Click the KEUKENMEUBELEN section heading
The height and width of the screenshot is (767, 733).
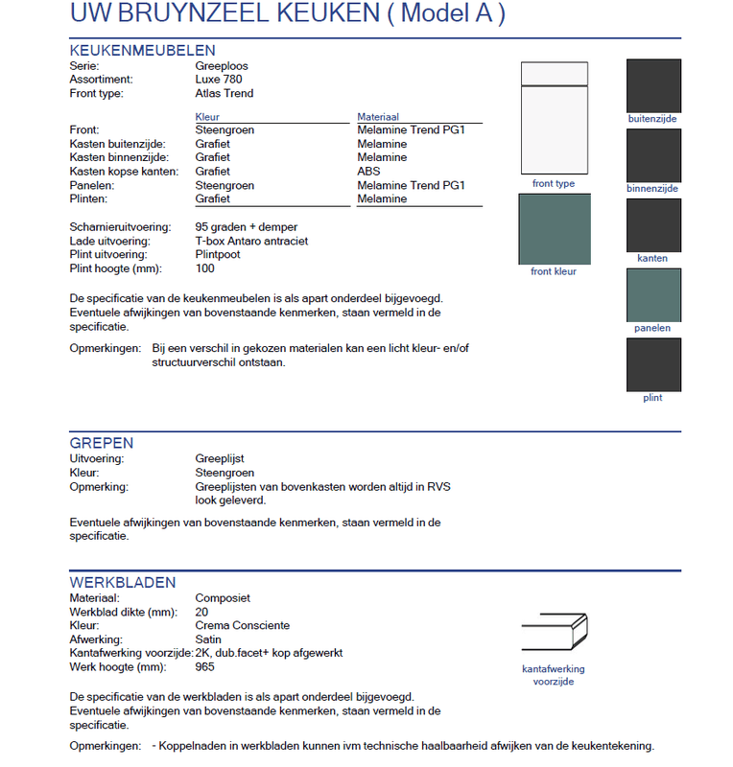click(142, 50)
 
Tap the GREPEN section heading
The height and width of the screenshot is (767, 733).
click(102, 443)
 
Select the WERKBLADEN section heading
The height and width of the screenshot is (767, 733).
click(122, 582)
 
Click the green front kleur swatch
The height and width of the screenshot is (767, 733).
click(554, 229)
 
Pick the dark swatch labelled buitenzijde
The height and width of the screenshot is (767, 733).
click(653, 85)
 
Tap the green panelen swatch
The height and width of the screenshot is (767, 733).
click(653, 295)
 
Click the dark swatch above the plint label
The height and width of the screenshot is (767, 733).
click(653, 364)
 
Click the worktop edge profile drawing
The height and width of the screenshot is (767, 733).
click(554, 634)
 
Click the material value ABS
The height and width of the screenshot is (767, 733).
click(368, 172)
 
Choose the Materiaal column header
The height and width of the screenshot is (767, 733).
click(378, 116)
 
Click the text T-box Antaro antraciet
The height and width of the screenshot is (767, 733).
click(251, 241)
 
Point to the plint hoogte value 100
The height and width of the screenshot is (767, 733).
click(205, 268)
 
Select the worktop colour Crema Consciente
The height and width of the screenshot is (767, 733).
click(242, 625)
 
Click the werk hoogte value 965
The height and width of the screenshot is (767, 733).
click(205, 666)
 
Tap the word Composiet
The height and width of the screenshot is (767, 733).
click(223, 597)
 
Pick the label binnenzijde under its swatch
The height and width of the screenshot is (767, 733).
click(652, 189)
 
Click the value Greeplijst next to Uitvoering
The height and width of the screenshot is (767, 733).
click(220, 459)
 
